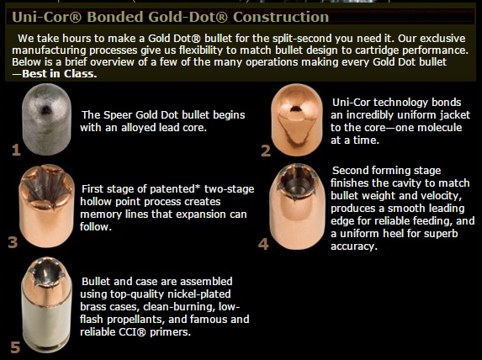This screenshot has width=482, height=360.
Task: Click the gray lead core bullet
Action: click(x=46, y=119)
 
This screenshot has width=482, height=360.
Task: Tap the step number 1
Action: click(x=16, y=150)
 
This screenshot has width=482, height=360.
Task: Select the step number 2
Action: click(x=266, y=151)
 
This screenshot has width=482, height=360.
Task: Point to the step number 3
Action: click(x=13, y=242)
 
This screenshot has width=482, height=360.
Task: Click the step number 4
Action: click(x=263, y=244)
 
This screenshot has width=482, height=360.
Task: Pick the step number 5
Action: click(x=15, y=347)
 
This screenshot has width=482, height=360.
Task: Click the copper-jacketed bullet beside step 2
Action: click(x=297, y=120)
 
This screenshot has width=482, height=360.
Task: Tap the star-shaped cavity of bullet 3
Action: click(x=46, y=184)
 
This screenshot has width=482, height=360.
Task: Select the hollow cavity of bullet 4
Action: click(x=298, y=181)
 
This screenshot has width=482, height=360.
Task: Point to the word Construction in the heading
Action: click(x=281, y=17)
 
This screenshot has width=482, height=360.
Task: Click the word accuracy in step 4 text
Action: click(x=353, y=246)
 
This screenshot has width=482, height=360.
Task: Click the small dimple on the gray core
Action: click(x=45, y=109)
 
